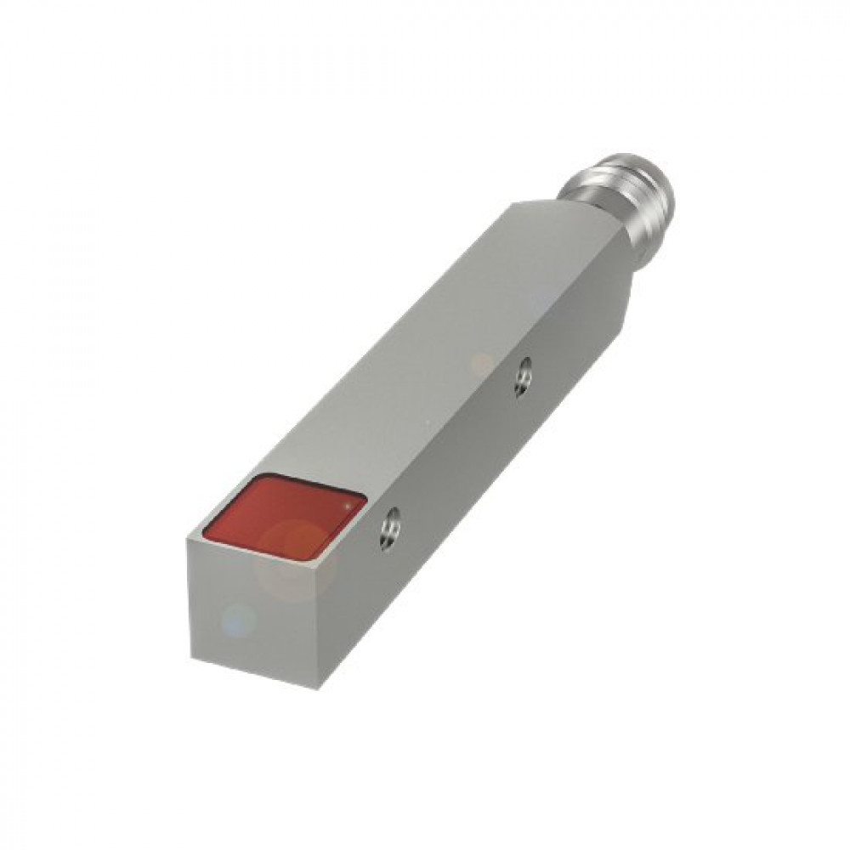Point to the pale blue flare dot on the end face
click(239, 619)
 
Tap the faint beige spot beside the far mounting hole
click(482, 364)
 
